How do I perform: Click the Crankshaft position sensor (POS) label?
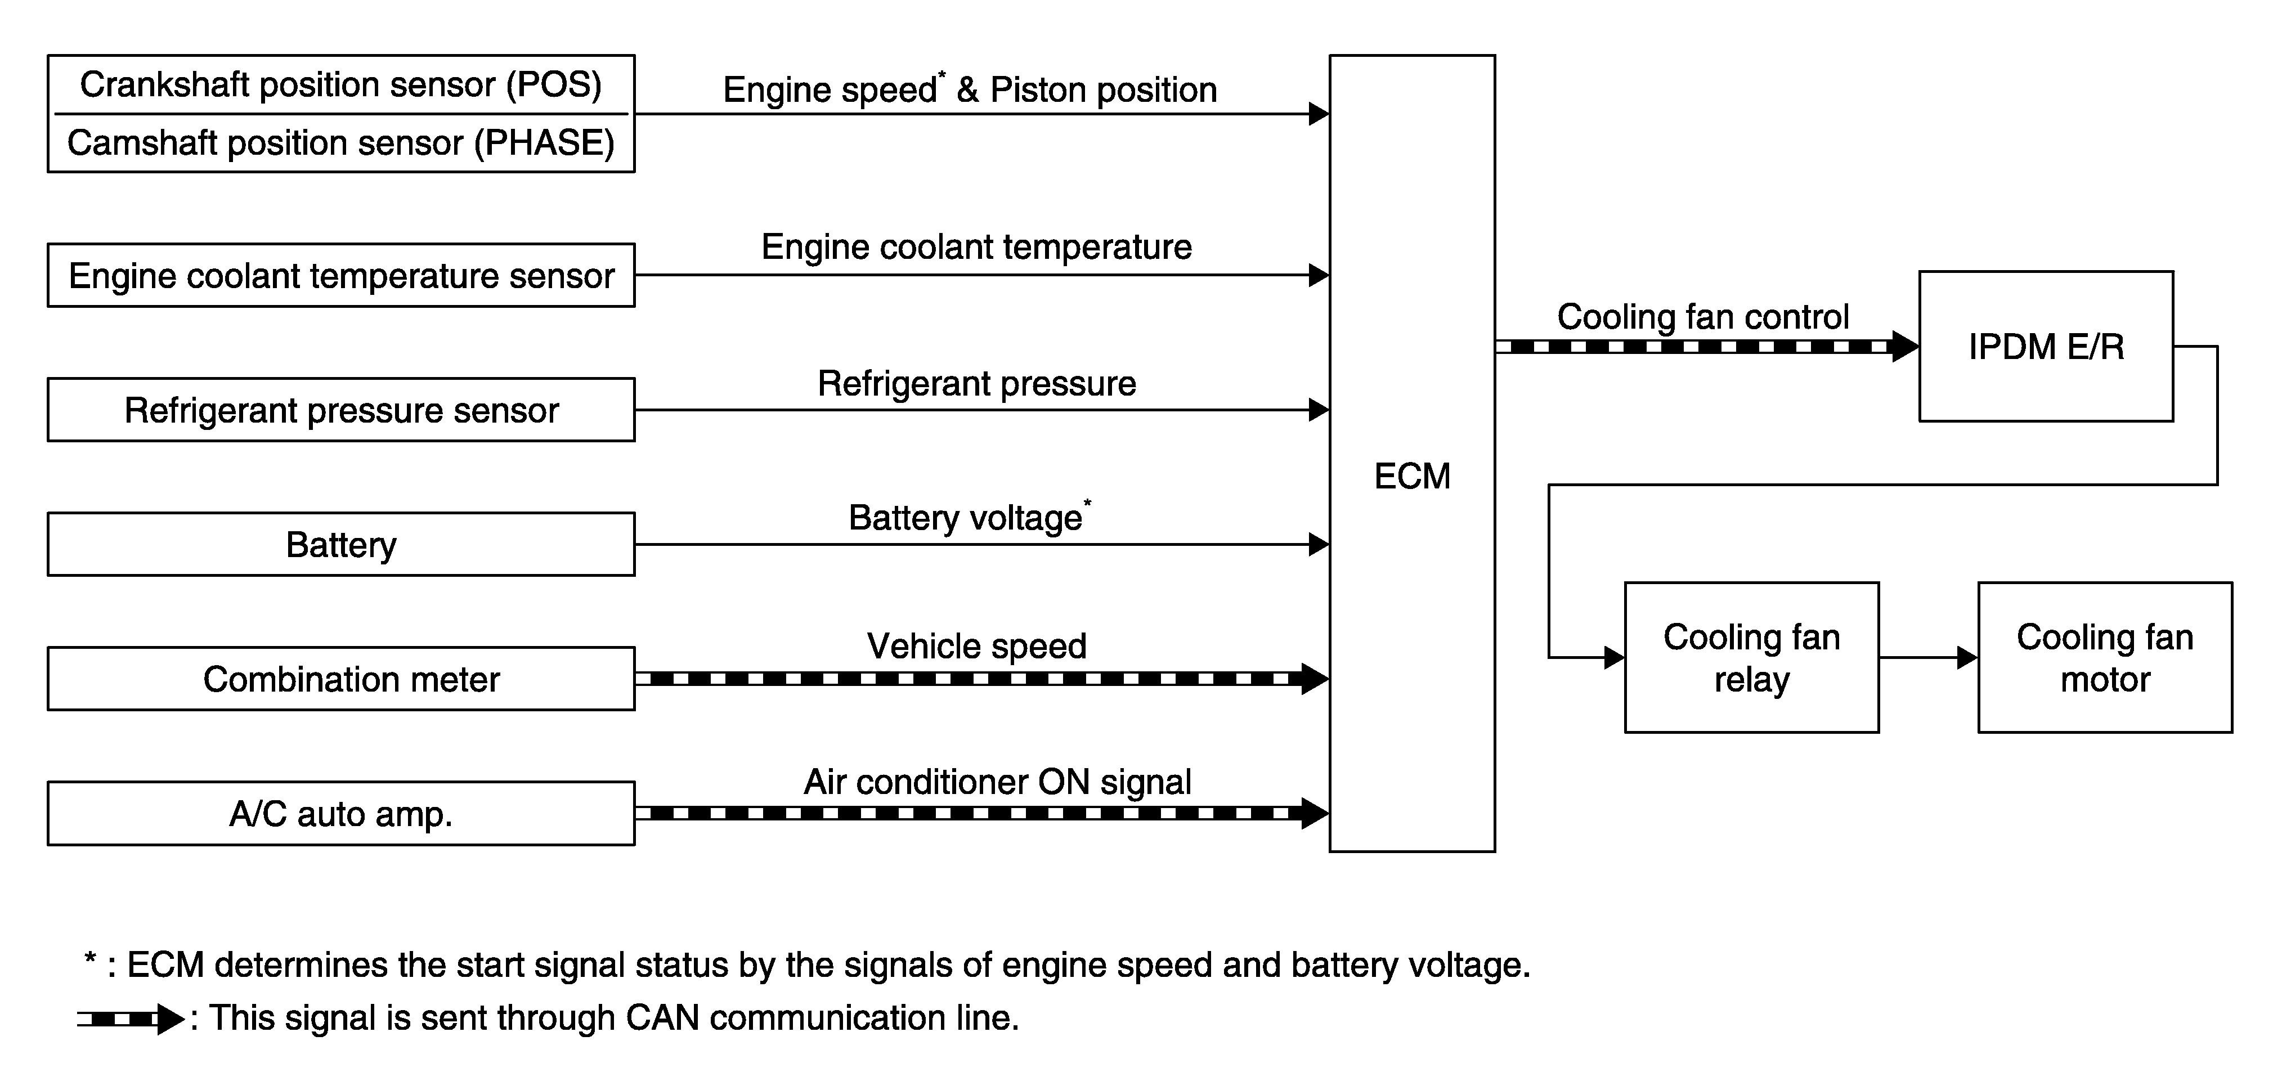[x=340, y=85]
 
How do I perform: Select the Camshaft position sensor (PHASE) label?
[x=340, y=143]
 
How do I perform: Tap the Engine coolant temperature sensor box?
[x=340, y=275]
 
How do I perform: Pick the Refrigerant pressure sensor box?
[x=340, y=410]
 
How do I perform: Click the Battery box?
[x=340, y=545]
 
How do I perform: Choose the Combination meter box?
[x=340, y=679]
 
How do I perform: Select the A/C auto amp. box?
[x=340, y=813]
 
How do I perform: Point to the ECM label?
[x=1412, y=477]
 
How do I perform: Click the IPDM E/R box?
[x=2045, y=346]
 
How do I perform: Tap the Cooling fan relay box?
[x=1751, y=657]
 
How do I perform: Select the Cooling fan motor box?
[x=2105, y=657]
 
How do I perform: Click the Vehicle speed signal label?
[x=977, y=646]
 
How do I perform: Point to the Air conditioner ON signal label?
[x=997, y=782]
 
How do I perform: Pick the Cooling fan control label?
[x=1703, y=317]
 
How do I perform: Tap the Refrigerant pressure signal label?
[x=977, y=384]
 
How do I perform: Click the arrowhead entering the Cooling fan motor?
[x=1967, y=657]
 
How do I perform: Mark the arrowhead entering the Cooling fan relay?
[x=1615, y=657]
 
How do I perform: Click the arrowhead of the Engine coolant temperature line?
[x=1319, y=275]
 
